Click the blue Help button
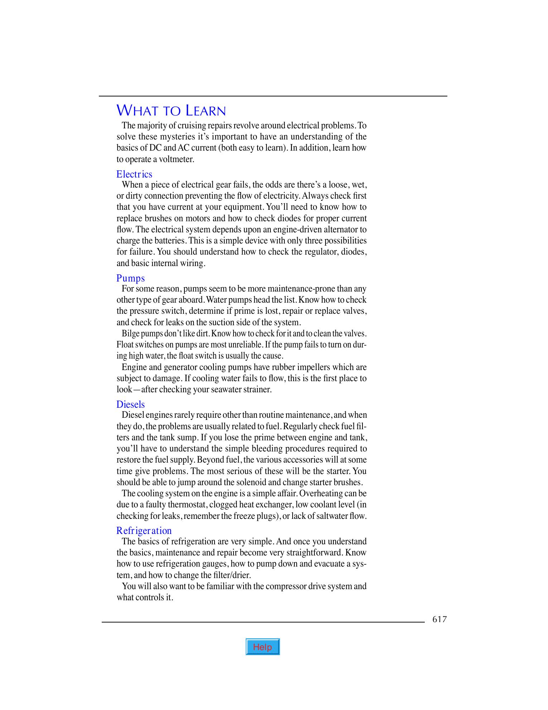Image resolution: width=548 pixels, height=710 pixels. coord(263,647)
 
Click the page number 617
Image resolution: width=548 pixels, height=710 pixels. coord(439,619)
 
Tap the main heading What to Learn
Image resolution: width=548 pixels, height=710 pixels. coord(171,110)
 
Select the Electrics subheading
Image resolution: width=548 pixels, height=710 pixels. coord(134,174)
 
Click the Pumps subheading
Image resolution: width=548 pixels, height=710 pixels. coord(130,278)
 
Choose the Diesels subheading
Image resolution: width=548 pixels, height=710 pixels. coord(130,404)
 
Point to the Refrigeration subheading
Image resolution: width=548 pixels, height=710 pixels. coord(144,531)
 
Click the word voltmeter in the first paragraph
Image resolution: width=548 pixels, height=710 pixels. coord(177,159)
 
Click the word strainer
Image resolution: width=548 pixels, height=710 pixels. coord(257,389)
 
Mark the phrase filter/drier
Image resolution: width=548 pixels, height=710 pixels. coord(230,575)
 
